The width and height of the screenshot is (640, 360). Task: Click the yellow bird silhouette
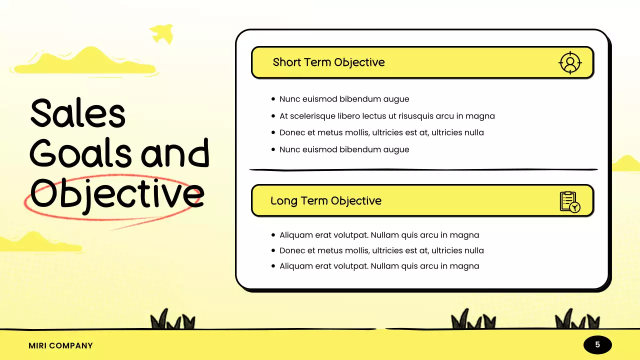[x=161, y=33]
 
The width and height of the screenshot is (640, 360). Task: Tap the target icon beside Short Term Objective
[x=569, y=62]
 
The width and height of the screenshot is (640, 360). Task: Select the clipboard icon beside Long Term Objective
[x=569, y=201]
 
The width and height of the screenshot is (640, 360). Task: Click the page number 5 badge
[x=597, y=344]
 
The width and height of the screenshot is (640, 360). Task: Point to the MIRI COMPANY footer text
[x=60, y=345]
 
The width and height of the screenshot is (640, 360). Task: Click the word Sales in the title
[x=77, y=113]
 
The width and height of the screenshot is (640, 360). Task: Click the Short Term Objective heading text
[x=328, y=62]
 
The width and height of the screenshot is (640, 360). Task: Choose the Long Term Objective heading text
[x=325, y=201]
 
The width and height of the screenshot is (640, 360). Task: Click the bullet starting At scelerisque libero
[x=387, y=116]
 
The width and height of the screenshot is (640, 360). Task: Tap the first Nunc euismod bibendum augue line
[x=344, y=99]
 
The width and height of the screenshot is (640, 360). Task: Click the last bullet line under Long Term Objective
[x=379, y=266]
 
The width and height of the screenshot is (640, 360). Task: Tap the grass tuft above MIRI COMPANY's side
[x=173, y=320]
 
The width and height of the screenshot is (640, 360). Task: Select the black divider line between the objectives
[x=423, y=170]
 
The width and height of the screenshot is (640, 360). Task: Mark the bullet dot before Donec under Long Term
[x=273, y=250]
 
